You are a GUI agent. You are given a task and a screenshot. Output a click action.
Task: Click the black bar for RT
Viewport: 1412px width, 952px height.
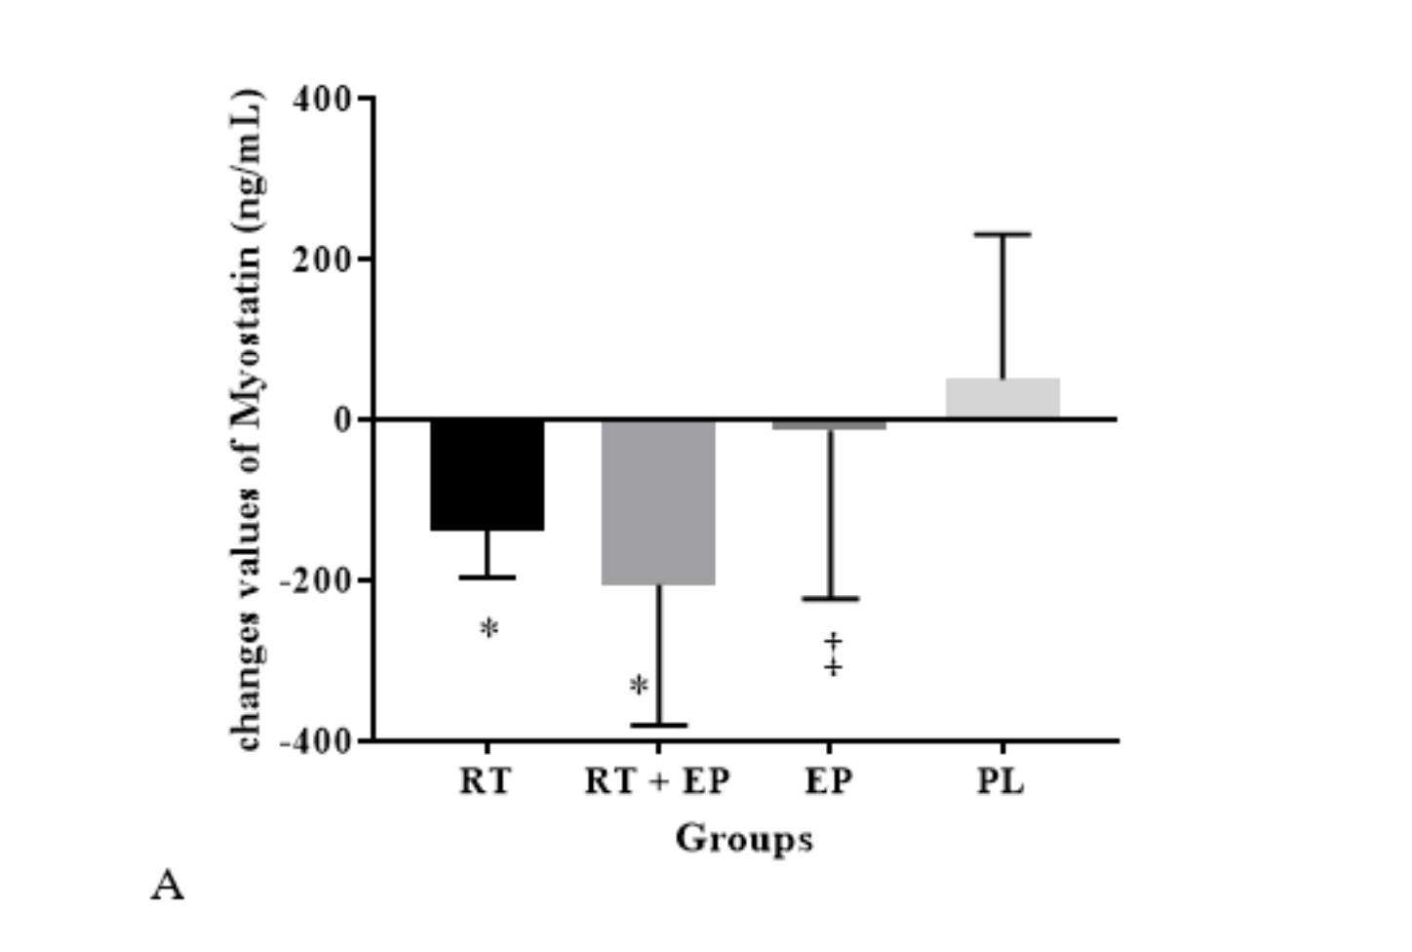(x=487, y=475)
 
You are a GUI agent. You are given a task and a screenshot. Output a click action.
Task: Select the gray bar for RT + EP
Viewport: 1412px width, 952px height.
(x=658, y=502)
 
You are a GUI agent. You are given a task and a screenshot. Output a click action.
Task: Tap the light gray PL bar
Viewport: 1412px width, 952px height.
(x=1002, y=399)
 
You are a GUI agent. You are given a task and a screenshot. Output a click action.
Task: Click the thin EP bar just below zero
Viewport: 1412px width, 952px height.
(x=830, y=424)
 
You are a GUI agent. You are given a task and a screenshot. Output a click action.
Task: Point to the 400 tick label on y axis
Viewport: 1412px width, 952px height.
(x=321, y=99)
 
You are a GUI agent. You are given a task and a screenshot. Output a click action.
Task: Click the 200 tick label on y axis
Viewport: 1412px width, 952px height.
(x=321, y=259)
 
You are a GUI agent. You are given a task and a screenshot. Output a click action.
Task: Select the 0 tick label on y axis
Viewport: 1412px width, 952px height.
(x=341, y=419)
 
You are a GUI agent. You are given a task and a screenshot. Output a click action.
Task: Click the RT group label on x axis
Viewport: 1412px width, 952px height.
(x=485, y=781)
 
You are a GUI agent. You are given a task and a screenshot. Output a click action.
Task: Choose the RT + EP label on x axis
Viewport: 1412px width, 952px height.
(x=657, y=781)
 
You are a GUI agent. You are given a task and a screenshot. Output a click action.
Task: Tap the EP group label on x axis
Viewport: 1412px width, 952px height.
(x=829, y=781)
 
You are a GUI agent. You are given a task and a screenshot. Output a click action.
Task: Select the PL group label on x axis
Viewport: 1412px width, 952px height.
(x=1001, y=781)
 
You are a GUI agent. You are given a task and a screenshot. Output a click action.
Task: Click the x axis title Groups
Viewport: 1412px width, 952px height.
(x=744, y=839)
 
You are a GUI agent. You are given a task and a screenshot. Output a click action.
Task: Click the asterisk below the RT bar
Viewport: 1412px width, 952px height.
(x=490, y=629)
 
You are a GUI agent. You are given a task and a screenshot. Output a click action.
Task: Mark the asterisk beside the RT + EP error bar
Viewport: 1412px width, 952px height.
(x=639, y=687)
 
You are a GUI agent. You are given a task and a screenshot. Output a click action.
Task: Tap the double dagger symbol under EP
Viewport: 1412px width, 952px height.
(x=833, y=654)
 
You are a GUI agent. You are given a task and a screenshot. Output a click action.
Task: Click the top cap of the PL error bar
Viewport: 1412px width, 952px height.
(x=1002, y=234)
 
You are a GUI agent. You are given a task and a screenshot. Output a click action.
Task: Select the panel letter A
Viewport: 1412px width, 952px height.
(x=168, y=886)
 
